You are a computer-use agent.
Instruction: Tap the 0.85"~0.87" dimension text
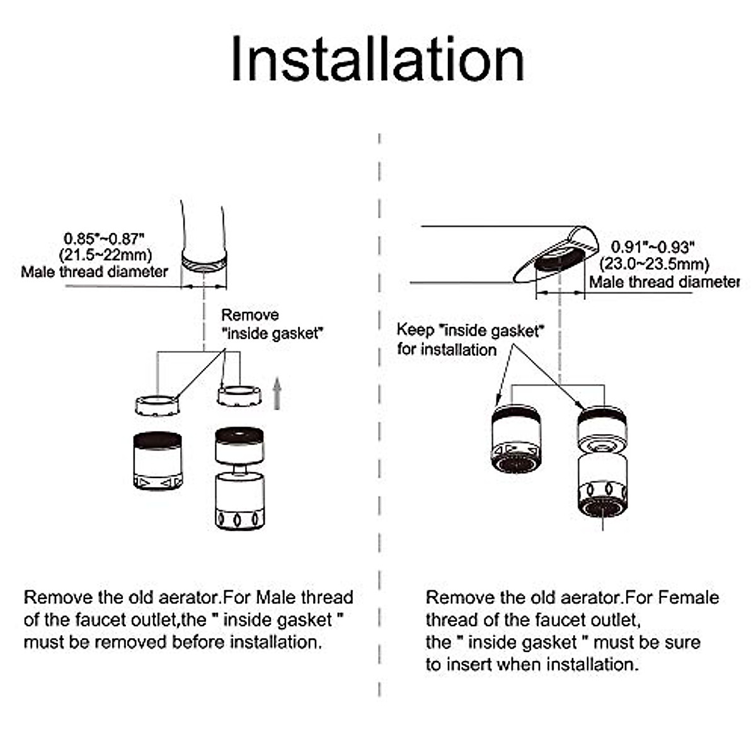pos(105,239)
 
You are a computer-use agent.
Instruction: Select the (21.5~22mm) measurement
pos(106,255)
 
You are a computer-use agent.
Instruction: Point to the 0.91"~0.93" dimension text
pos(652,247)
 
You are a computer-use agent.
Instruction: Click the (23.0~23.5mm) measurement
pos(654,264)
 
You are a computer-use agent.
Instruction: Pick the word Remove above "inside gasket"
pos(249,315)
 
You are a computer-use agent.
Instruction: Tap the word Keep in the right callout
pos(415,330)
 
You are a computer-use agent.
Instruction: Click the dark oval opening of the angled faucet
pos(558,259)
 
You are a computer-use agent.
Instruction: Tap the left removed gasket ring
pos(157,404)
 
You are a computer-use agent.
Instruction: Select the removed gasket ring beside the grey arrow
pos(239,396)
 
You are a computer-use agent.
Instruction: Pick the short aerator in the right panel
pos(516,438)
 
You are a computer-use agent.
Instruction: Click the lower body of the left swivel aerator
pos(239,500)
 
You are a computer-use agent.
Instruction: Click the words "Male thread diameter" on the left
pos(94,272)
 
